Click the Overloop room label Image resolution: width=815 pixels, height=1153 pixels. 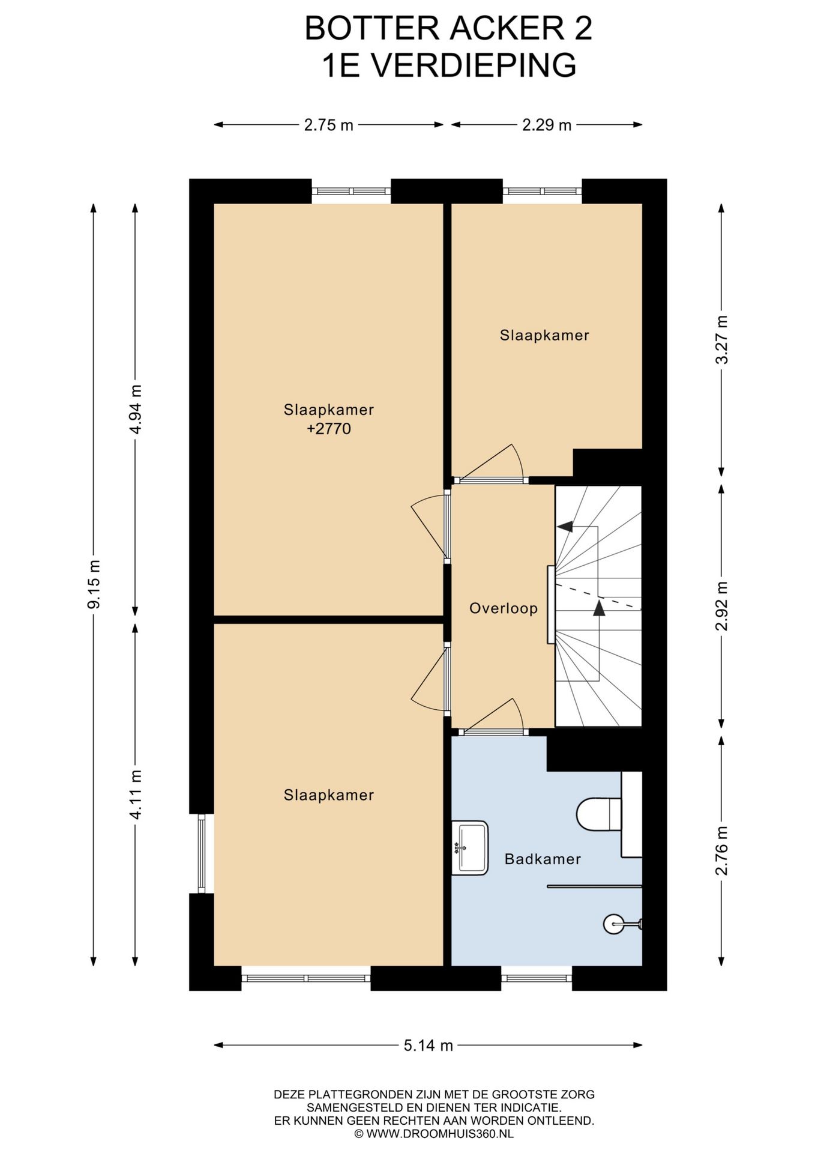click(x=503, y=608)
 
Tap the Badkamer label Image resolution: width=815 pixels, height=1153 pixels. click(x=543, y=859)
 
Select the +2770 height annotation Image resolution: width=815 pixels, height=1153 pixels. click(x=329, y=429)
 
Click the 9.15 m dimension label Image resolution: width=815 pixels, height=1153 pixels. click(x=94, y=584)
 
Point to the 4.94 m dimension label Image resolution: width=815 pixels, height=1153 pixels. click(x=136, y=410)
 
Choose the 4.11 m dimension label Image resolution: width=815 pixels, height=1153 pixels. click(x=136, y=794)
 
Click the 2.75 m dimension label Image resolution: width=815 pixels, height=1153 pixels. click(x=329, y=125)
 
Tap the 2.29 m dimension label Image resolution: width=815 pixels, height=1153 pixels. click(x=547, y=125)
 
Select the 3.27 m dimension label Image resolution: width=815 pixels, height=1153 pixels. click(x=722, y=339)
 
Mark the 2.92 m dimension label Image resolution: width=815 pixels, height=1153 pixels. click(x=722, y=606)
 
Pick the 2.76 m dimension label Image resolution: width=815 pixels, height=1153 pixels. click(x=722, y=850)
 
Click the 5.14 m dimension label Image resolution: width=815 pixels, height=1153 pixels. click(x=428, y=1046)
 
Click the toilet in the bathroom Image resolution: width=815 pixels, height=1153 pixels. click(x=599, y=814)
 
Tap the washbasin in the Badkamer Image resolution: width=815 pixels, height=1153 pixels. click(x=469, y=847)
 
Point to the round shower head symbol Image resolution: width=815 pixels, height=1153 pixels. click(x=616, y=924)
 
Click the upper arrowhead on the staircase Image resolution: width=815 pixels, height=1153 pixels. click(x=565, y=527)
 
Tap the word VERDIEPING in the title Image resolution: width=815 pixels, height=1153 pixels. click(x=474, y=65)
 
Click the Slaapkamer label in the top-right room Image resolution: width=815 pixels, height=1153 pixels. click(x=544, y=335)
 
